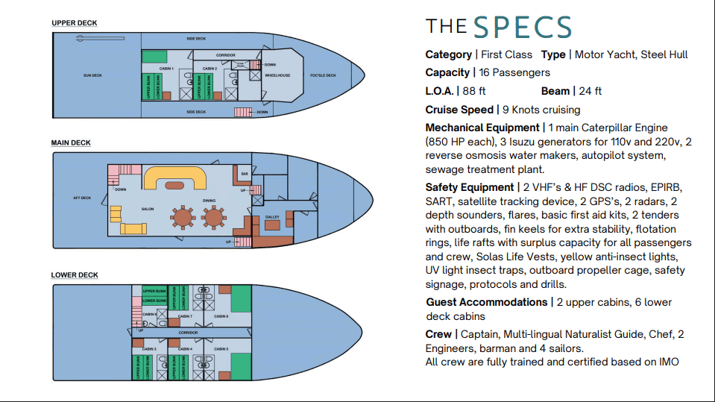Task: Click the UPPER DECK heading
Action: [74, 23]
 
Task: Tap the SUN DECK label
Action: [92, 75]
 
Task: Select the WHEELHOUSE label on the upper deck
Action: [278, 75]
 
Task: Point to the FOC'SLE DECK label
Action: [323, 75]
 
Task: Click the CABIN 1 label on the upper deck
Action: [166, 69]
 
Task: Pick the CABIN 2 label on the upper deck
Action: [210, 69]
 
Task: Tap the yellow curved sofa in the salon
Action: [174, 177]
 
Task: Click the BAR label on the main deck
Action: [243, 174]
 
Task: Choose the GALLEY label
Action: [271, 217]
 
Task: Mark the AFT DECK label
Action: [82, 198]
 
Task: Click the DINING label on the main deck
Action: [209, 200]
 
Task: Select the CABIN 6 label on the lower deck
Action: [221, 316]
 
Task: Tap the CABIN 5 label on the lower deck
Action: [221, 348]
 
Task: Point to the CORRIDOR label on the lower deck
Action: [188, 333]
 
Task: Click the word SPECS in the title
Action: [522, 28]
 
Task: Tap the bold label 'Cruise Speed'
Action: [459, 110]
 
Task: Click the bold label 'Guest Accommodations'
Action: [486, 302]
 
